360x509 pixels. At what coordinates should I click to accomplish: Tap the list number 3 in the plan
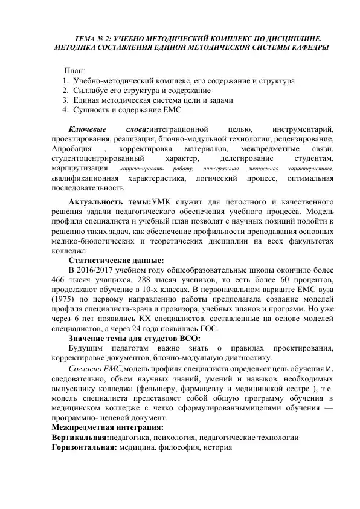(65, 100)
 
